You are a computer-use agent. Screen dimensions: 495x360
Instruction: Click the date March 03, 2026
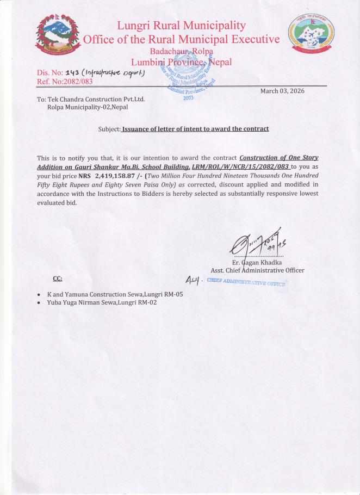coord(282,91)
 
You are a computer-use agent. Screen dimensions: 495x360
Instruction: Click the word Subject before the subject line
coord(109,129)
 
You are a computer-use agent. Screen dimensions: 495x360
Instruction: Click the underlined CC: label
coord(57,279)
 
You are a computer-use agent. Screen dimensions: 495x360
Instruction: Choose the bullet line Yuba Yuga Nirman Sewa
coord(102,302)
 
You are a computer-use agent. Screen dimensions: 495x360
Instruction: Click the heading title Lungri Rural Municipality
coord(181,26)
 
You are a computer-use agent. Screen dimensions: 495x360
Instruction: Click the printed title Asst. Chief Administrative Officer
coord(257,270)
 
